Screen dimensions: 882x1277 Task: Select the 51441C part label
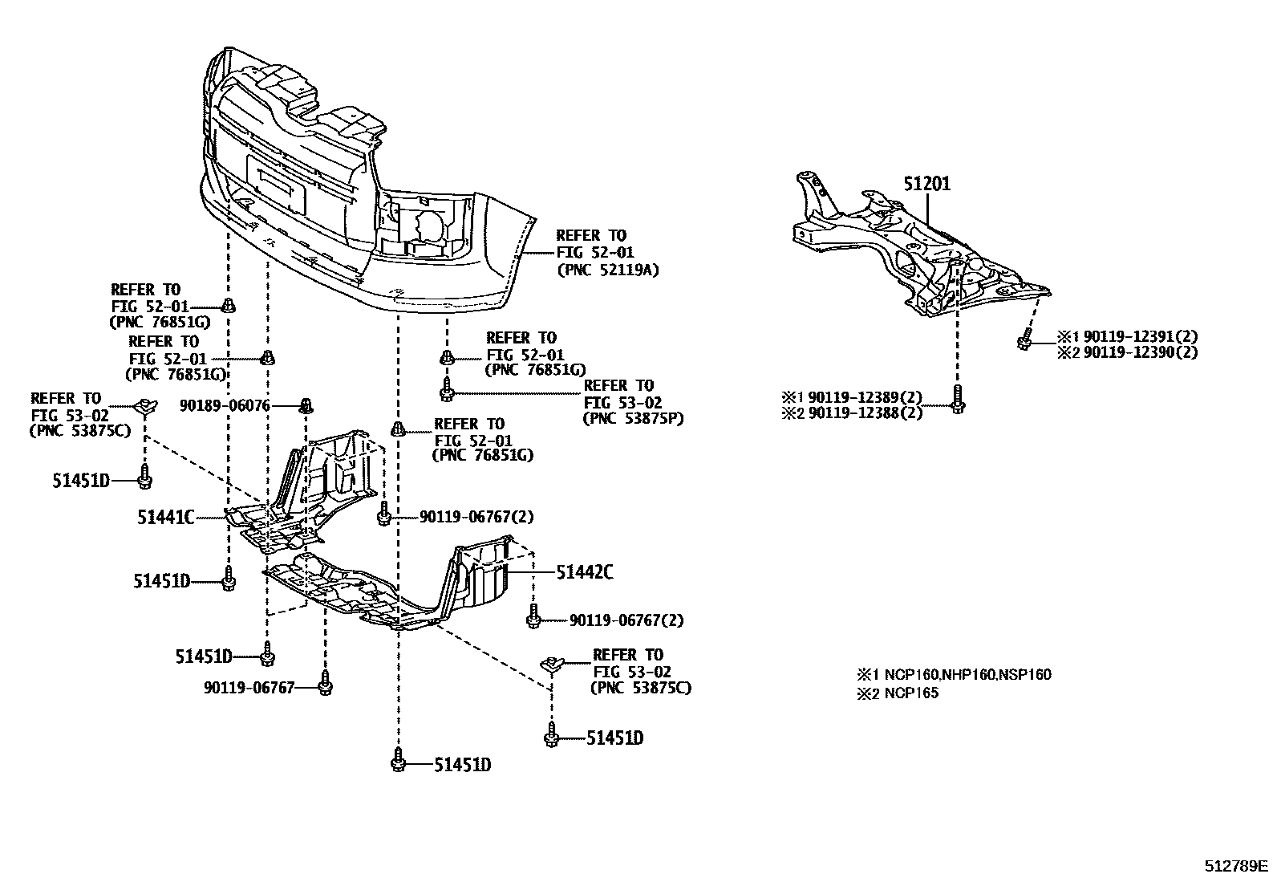[x=166, y=518]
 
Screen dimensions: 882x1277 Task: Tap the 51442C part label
[x=585, y=572]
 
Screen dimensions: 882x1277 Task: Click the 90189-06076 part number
[x=224, y=406]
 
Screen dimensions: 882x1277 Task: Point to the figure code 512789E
[x=1235, y=867]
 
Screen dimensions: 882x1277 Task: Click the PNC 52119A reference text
[x=607, y=270]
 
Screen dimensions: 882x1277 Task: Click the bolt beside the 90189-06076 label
[x=305, y=405]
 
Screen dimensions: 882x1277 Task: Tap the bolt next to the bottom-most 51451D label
[x=398, y=760]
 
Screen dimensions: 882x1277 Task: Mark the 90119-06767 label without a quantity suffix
[x=249, y=687]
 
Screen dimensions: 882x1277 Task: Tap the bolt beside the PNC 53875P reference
[x=446, y=390]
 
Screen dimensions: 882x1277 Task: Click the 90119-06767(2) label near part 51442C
[x=626, y=620]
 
